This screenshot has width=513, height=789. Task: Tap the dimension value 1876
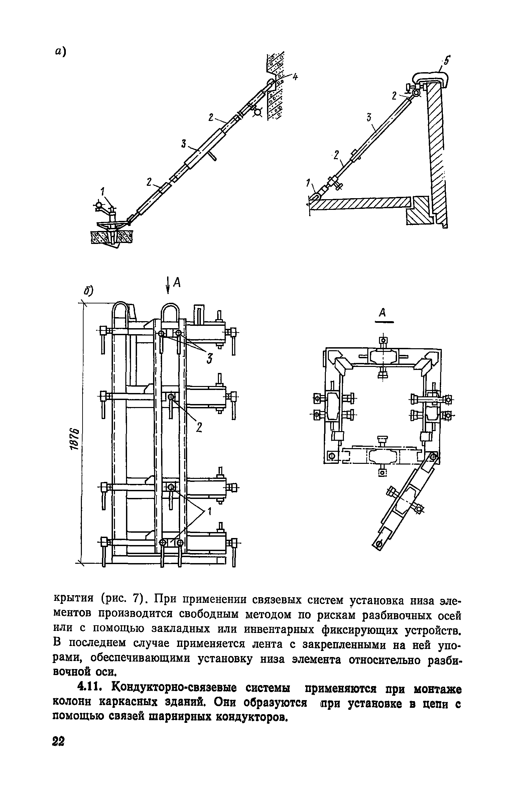(76, 439)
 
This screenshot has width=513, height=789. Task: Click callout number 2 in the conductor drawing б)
(199, 427)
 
